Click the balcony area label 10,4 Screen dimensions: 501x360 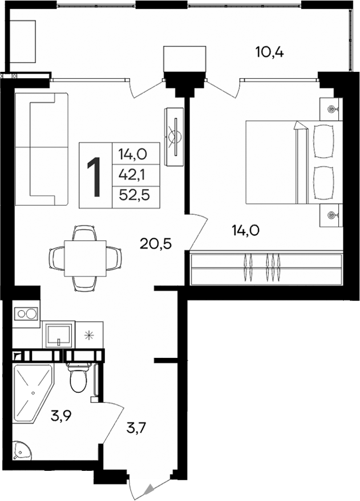point(269,52)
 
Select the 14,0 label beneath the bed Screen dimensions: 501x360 point(246,230)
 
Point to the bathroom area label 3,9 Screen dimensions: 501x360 point(62,417)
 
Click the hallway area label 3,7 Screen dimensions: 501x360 point(137,426)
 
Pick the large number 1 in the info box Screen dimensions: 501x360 point(95,176)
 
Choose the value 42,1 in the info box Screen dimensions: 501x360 point(131,174)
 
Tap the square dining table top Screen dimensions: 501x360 point(85,258)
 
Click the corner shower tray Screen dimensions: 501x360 point(31,388)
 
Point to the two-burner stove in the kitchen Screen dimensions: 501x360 point(26,313)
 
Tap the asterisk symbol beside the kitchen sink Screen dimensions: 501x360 point(89,335)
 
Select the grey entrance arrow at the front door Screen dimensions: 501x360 point(149,488)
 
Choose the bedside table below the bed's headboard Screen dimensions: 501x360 point(331,214)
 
